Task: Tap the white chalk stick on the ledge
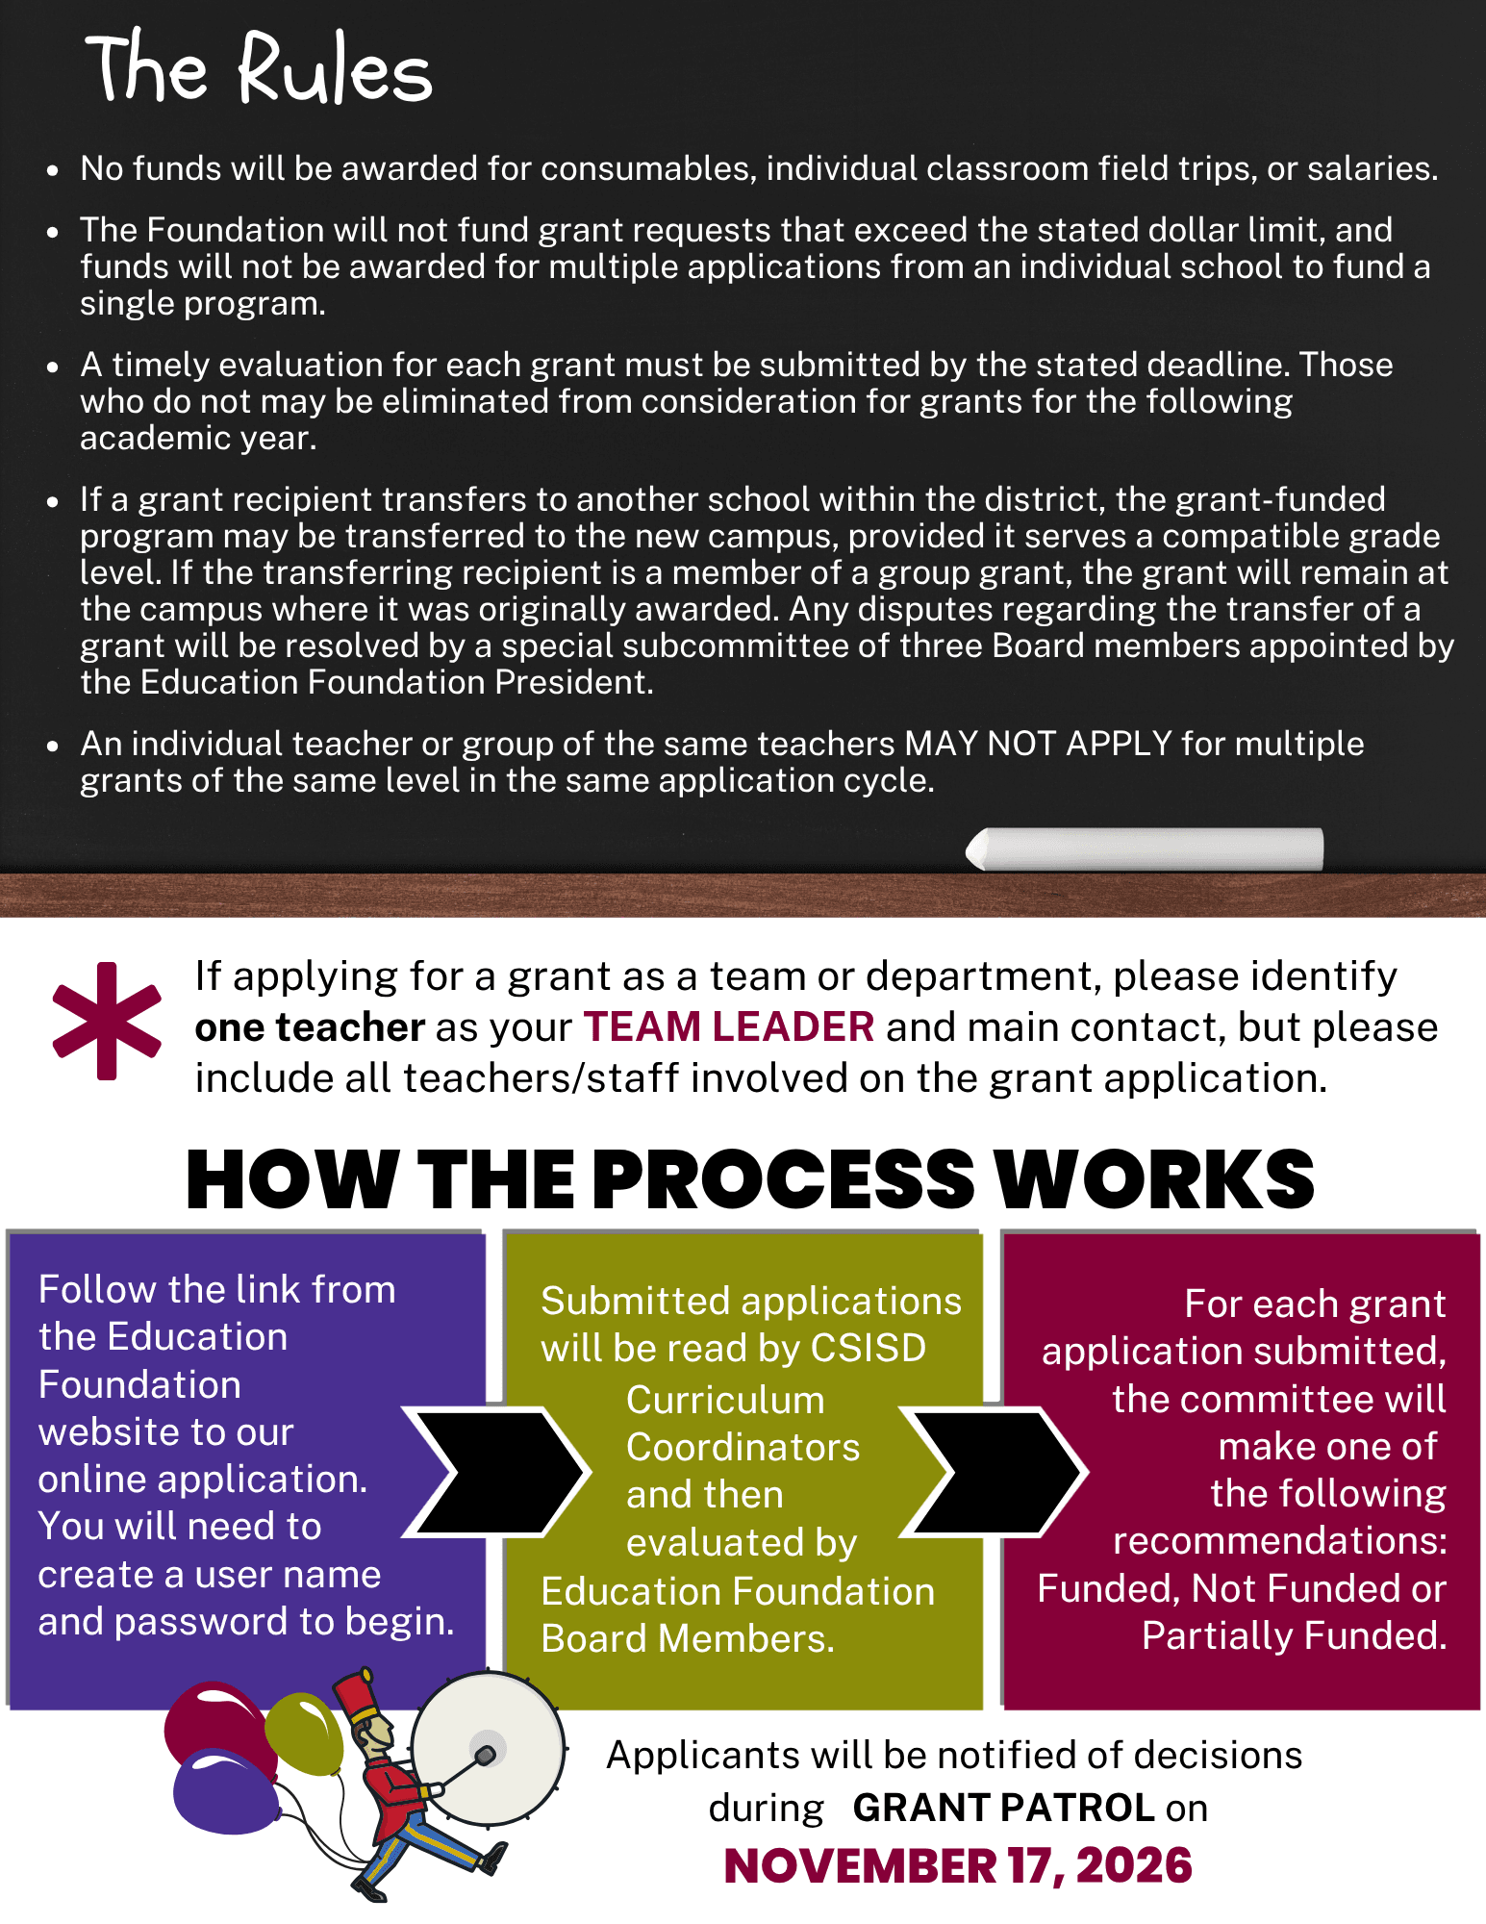point(1145,848)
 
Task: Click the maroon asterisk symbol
point(107,1021)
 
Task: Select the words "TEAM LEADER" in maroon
point(729,1027)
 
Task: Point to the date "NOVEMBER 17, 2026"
point(958,1866)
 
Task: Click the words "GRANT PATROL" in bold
point(1003,1808)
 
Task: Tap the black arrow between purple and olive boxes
point(494,1471)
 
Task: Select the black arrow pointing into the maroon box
point(994,1471)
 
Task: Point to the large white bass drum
point(488,1749)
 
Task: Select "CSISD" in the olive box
point(868,1348)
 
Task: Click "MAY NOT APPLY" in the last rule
point(1038,744)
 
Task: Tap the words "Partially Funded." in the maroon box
point(1294,1635)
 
